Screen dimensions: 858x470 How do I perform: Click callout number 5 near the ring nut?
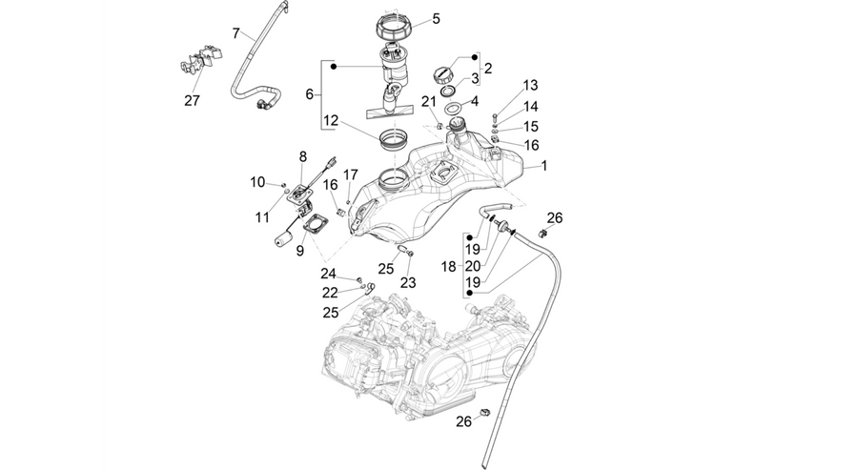[x=436, y=19]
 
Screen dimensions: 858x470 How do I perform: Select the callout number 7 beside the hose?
[x=235, y=33]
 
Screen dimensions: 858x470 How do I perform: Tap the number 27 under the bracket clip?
[x=192, y=101]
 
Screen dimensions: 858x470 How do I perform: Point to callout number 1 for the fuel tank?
[x=544, y=165]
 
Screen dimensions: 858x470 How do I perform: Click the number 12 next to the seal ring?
[x=331, y=120]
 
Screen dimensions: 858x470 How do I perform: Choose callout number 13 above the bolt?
[x=530, y=86]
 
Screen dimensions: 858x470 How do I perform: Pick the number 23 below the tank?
[x=408, y=282]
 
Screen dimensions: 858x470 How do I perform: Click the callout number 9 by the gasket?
[x=300, y=251]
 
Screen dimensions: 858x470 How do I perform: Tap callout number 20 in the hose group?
[x=473, y=266]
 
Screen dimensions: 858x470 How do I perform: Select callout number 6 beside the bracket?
[x=310, y=94]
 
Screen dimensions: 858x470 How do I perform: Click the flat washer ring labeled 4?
[x=453, y=108]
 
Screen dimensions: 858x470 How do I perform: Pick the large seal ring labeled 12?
[x=394, y=140]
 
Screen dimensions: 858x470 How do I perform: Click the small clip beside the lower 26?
[x=484, y=412]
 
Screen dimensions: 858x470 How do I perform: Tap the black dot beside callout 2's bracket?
[x=474, y=56]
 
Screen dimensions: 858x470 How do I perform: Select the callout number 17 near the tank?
[x=350, y=174]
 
